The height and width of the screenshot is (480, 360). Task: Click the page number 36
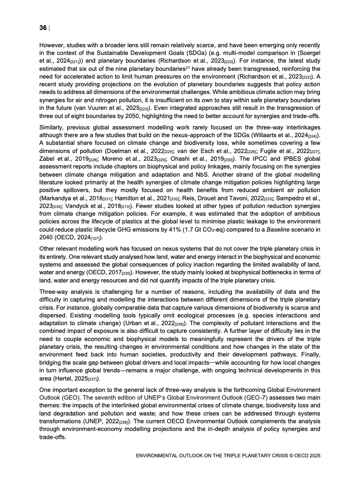coord(43,28)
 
